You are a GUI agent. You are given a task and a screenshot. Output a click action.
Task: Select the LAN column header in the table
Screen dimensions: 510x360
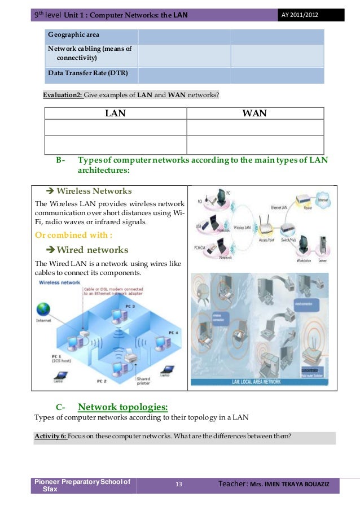[115, 114]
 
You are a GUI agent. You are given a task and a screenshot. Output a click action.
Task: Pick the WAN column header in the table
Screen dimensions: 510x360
[254, 114]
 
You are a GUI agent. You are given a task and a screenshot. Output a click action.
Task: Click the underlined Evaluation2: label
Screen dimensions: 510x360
[63, 94]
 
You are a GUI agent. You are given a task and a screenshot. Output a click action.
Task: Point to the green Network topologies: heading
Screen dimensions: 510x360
[122, 407]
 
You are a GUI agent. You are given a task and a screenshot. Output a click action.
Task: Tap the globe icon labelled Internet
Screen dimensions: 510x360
[44, 310]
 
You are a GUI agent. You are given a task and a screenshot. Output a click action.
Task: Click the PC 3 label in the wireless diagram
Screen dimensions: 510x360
[129, 306]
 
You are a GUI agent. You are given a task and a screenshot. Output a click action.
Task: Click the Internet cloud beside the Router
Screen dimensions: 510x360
[322, 200]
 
